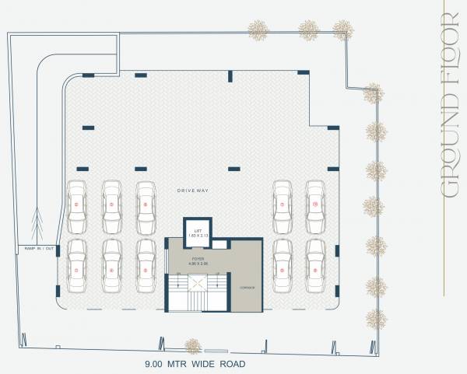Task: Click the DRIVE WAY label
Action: tap(190, 190)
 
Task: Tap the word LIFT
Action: tap(198, 230)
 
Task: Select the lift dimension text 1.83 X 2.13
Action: tap(198, 236)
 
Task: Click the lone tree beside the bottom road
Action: tap(192, 346)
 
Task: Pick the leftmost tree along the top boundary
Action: tap(258, 30)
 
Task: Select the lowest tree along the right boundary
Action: tap(375, 318)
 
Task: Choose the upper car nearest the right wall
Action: tap(315, 205)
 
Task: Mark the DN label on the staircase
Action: tap(178, 274)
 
